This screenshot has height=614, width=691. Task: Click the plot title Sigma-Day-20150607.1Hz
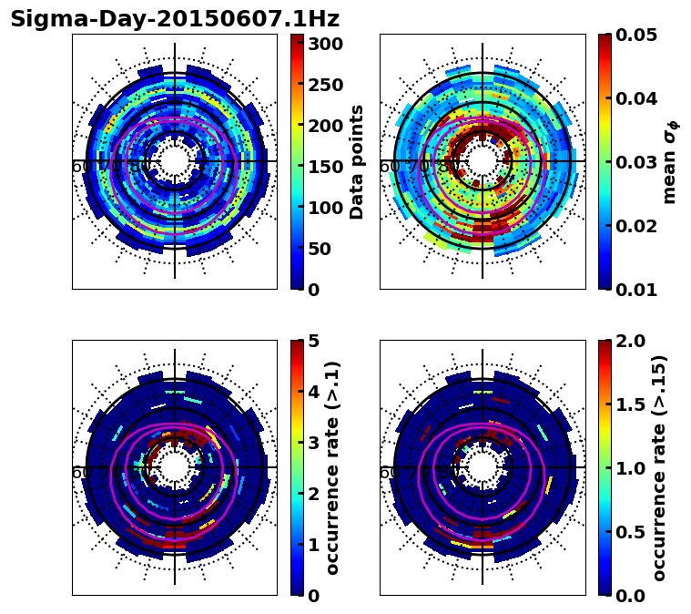pyautogui.click(x=175, y=19)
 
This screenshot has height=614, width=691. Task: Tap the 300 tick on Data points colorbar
pyautogui.click(x=326, y=44)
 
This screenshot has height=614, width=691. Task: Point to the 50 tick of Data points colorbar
pyautogui.click(x=326, y=249)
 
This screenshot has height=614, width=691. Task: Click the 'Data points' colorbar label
pyautogui.click(x=357, y=161)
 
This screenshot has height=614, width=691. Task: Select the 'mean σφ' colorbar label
pyautogui.click(x=670, y=161)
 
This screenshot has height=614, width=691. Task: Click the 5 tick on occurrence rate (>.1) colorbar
pyautogui.click(x=314, y=341)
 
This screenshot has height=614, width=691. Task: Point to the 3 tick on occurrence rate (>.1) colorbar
pyautogui.click(x=314, y=443)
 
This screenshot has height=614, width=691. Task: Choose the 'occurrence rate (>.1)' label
pyautogui.click(x=332, y=467)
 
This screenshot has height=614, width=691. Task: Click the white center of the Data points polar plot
pyautogui.click(x=175, y=161)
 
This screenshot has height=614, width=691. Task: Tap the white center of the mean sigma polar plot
pyautogui.click(x=483, y=161)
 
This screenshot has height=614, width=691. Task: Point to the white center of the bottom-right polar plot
pyautogui.click(x=483, y=467)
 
